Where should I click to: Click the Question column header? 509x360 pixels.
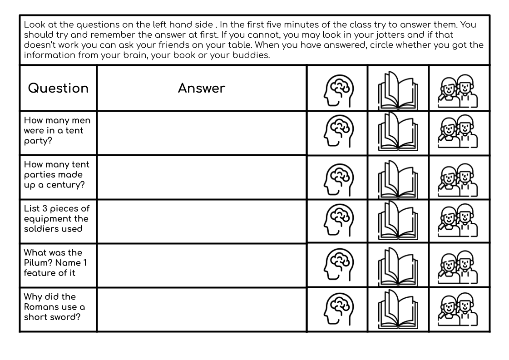[x=58, y=88]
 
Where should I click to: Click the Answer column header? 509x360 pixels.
[x=201, y=88]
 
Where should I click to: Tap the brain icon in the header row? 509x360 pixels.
[x=337, y=89]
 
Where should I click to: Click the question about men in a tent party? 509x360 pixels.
[x=57, y=131]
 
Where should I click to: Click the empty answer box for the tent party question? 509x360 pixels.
[x=201, y=133]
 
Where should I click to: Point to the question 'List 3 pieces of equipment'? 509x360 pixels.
[x=57, y=219]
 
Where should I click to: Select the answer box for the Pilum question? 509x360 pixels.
[x=201, y=265]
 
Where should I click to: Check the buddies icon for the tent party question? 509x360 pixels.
[x=459, y=133]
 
